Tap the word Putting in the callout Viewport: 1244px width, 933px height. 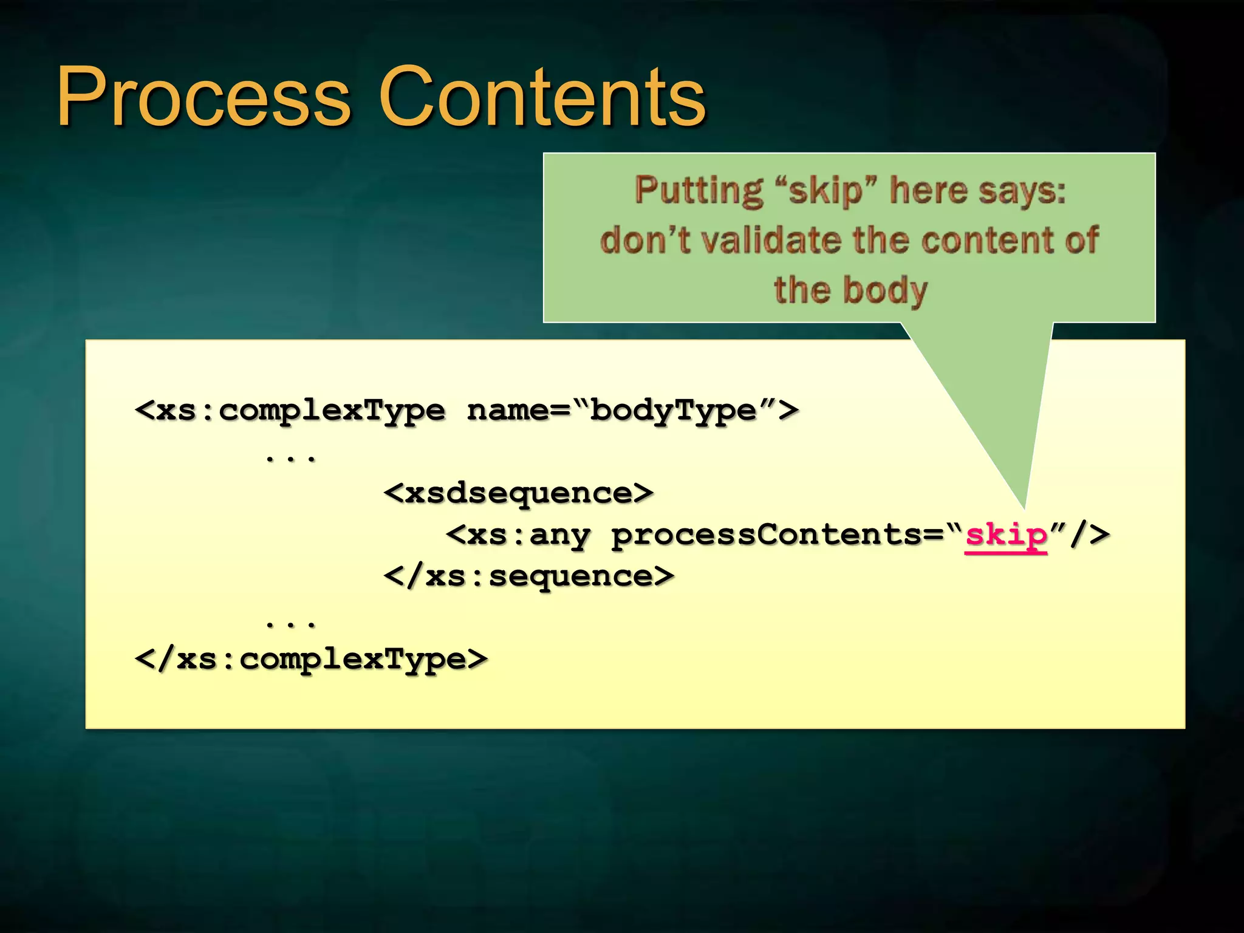click(x=699, y=191)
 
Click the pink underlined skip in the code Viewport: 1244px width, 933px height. click(x=1006, y=535)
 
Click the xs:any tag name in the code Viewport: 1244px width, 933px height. click(x=528, y=535)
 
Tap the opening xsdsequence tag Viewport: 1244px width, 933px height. click(x=519, y=493)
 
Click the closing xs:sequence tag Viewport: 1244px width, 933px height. click(x=529, y=576)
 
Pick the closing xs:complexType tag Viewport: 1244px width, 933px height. click(x=311, y=659)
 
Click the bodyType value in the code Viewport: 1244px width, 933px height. click(x=673, y=411)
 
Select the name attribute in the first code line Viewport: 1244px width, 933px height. click(x=507, y=411)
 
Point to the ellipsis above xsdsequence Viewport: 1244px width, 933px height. click(x=291, y=457)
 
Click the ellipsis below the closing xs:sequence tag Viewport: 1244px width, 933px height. click(x=291, y=623)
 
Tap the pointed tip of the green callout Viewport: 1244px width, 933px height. click(x=1024, y=505)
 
